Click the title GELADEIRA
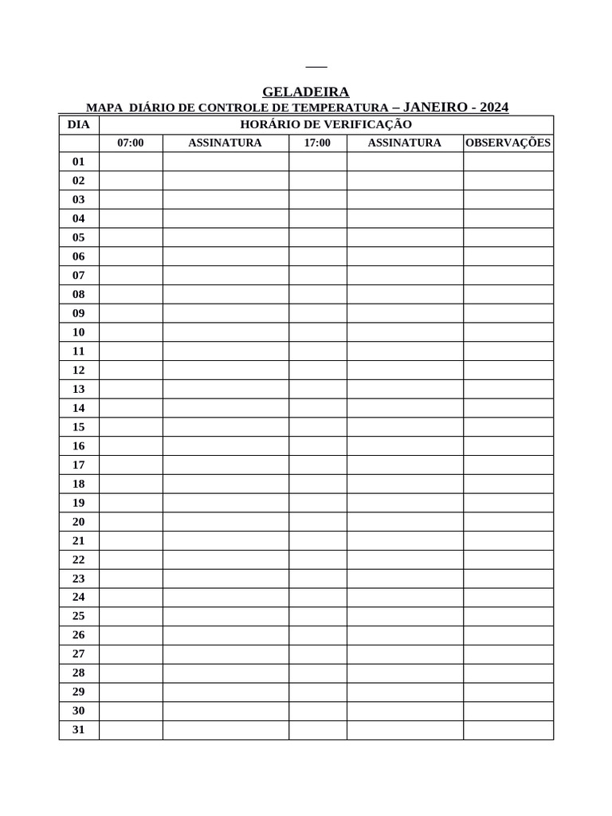pos(305,92)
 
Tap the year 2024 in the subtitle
pos(494,108)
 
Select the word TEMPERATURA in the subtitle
pos(340,108)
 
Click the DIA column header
pos(79,125)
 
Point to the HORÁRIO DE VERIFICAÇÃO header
pos(326,125)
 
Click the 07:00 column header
pos(131,143)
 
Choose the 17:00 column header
pos(317,143)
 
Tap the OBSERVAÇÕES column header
pos(508,143)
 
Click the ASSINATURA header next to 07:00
pos(225,143)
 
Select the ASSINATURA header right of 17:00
pos(404,143)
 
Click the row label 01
pos(79,162)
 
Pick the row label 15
pos(79,427)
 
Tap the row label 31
pos(79,730)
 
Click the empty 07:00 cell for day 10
pos(131,332)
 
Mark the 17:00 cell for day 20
pos(317,522)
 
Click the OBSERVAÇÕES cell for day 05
pos(508,237)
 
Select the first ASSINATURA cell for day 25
pos(226,616)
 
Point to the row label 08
pos(79,294)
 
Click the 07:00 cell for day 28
pos(131,673)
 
